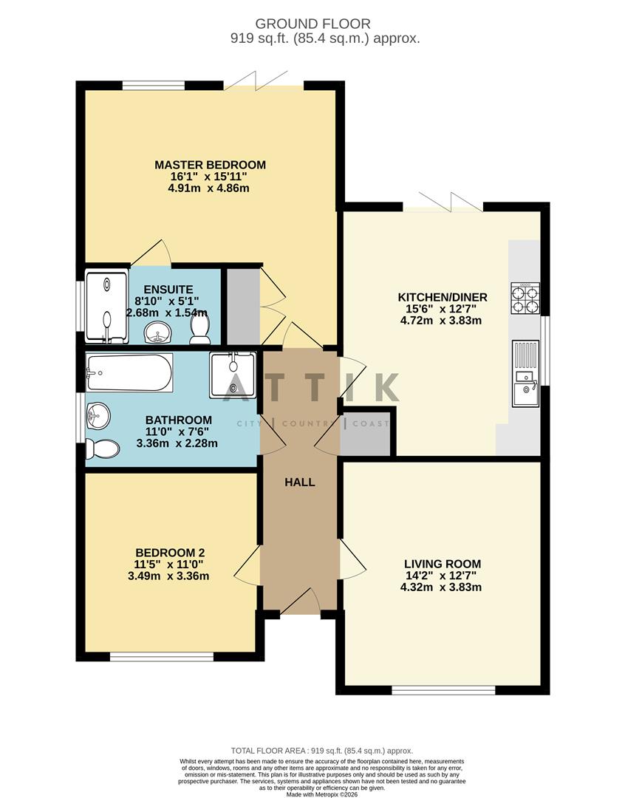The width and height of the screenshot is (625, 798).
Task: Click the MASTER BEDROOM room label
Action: pyautogui.click(x=210, y=165)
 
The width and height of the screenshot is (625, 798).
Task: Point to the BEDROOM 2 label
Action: pyautogui.click(x=170, y=553)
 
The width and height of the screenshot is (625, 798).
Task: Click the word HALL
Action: pyautogui.click(x=300, y=482)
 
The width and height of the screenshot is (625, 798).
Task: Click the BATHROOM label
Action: pyautogui.click(x=178, y=420)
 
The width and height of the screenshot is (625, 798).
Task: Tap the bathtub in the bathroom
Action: pyautogui.click(x=129, y=372)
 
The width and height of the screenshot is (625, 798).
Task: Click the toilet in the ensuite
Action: pyautogui.click(x=199, y=329)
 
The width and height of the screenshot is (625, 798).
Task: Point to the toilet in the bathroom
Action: pyautogui.click(x=102, y=449)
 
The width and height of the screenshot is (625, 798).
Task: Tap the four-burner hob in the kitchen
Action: pyautogui.click(x=525, y=299)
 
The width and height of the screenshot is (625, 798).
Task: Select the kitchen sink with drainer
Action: pyautogui.click(x=525, y=373)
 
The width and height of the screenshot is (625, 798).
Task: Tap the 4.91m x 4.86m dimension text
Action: pyautogui.click(x=210, y=188)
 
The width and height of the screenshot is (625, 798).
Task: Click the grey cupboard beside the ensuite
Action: pyautogui.click(x=242, y=307)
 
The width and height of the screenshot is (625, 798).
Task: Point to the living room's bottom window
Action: pyautogui.click(x=443, y=690)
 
